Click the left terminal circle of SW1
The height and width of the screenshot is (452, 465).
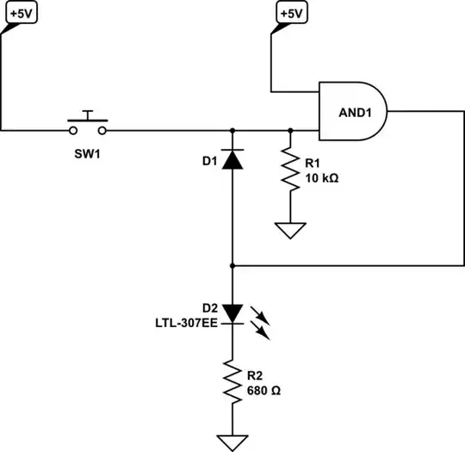(x=73, y=131)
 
